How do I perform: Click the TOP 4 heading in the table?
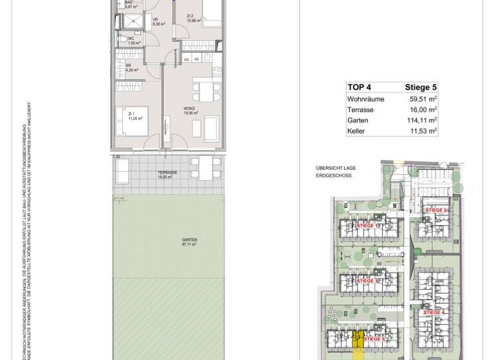click(x=360, y=87)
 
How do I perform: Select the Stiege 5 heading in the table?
click(x=421, y=87)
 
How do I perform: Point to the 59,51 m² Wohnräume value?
click(x=423, y=99)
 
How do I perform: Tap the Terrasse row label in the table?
click(x=360, y=110)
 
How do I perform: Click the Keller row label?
click(x=356, y=131)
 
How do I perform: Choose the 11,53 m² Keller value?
click(x=423, y=131)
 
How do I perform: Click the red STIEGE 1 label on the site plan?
click(x=367, y=226)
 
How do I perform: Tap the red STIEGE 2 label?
click(x=435, y=210)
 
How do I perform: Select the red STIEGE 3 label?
click(x=367, y=281)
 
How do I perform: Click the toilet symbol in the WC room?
click(x=122, y=39)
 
